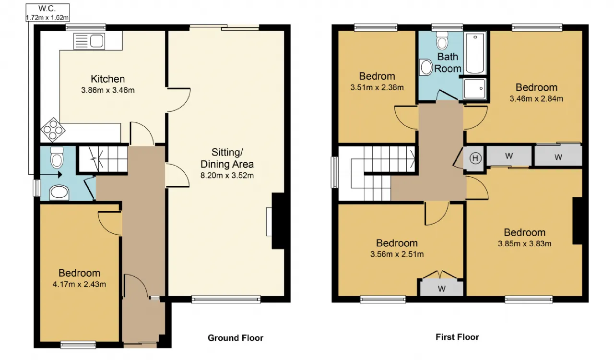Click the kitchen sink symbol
(89, 41)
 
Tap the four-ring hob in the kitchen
(53, 130)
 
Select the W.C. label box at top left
(47, 12)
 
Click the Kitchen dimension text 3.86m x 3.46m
(108, 90)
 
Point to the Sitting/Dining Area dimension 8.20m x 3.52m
(227, 175)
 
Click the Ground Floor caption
(236, 338)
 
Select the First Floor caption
(457, 337)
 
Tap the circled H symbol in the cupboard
(475, 158)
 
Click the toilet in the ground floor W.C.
(57, 158)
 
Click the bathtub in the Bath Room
(475, 53)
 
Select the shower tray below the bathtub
(475, 89)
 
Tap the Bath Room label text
(448, 62)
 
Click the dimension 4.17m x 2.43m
(79, 284)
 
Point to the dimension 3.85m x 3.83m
(525, 244)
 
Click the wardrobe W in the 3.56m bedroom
(442, 288)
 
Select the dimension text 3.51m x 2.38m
(377, 87)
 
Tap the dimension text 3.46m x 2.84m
(536, 99)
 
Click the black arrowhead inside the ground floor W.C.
(60, 175)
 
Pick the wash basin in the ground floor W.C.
(59, 192)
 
